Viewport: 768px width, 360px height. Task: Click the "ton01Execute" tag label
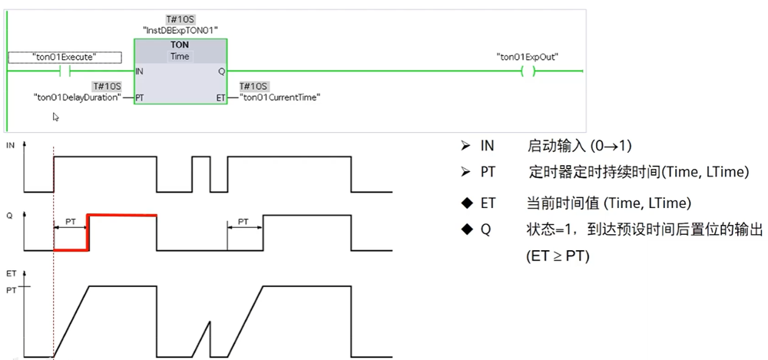coord(65,57)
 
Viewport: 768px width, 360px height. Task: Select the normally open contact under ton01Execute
coord(65,71)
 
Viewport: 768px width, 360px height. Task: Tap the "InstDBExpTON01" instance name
coord(180,29)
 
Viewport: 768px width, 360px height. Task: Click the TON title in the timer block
coord(180,45)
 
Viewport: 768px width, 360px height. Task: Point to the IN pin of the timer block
coord(139,71)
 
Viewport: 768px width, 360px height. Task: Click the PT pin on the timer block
coord(140,97)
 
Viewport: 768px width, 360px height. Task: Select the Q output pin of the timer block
coord(221,71)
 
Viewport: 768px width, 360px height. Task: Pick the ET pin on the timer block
coord(221,97)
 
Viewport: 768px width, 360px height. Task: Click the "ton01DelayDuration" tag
coord(77,97)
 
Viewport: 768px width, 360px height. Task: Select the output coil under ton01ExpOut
coord(527,71)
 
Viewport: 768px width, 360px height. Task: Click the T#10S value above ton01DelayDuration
coord(106,86)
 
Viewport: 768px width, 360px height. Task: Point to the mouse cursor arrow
coord(55,117)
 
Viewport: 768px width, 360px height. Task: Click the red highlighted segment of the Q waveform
coord(122,215)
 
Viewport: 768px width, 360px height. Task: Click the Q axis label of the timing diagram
coord(9,216)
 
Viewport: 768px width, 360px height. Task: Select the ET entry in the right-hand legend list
coord(488,203)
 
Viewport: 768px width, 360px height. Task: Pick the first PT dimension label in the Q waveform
coord(71,221)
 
